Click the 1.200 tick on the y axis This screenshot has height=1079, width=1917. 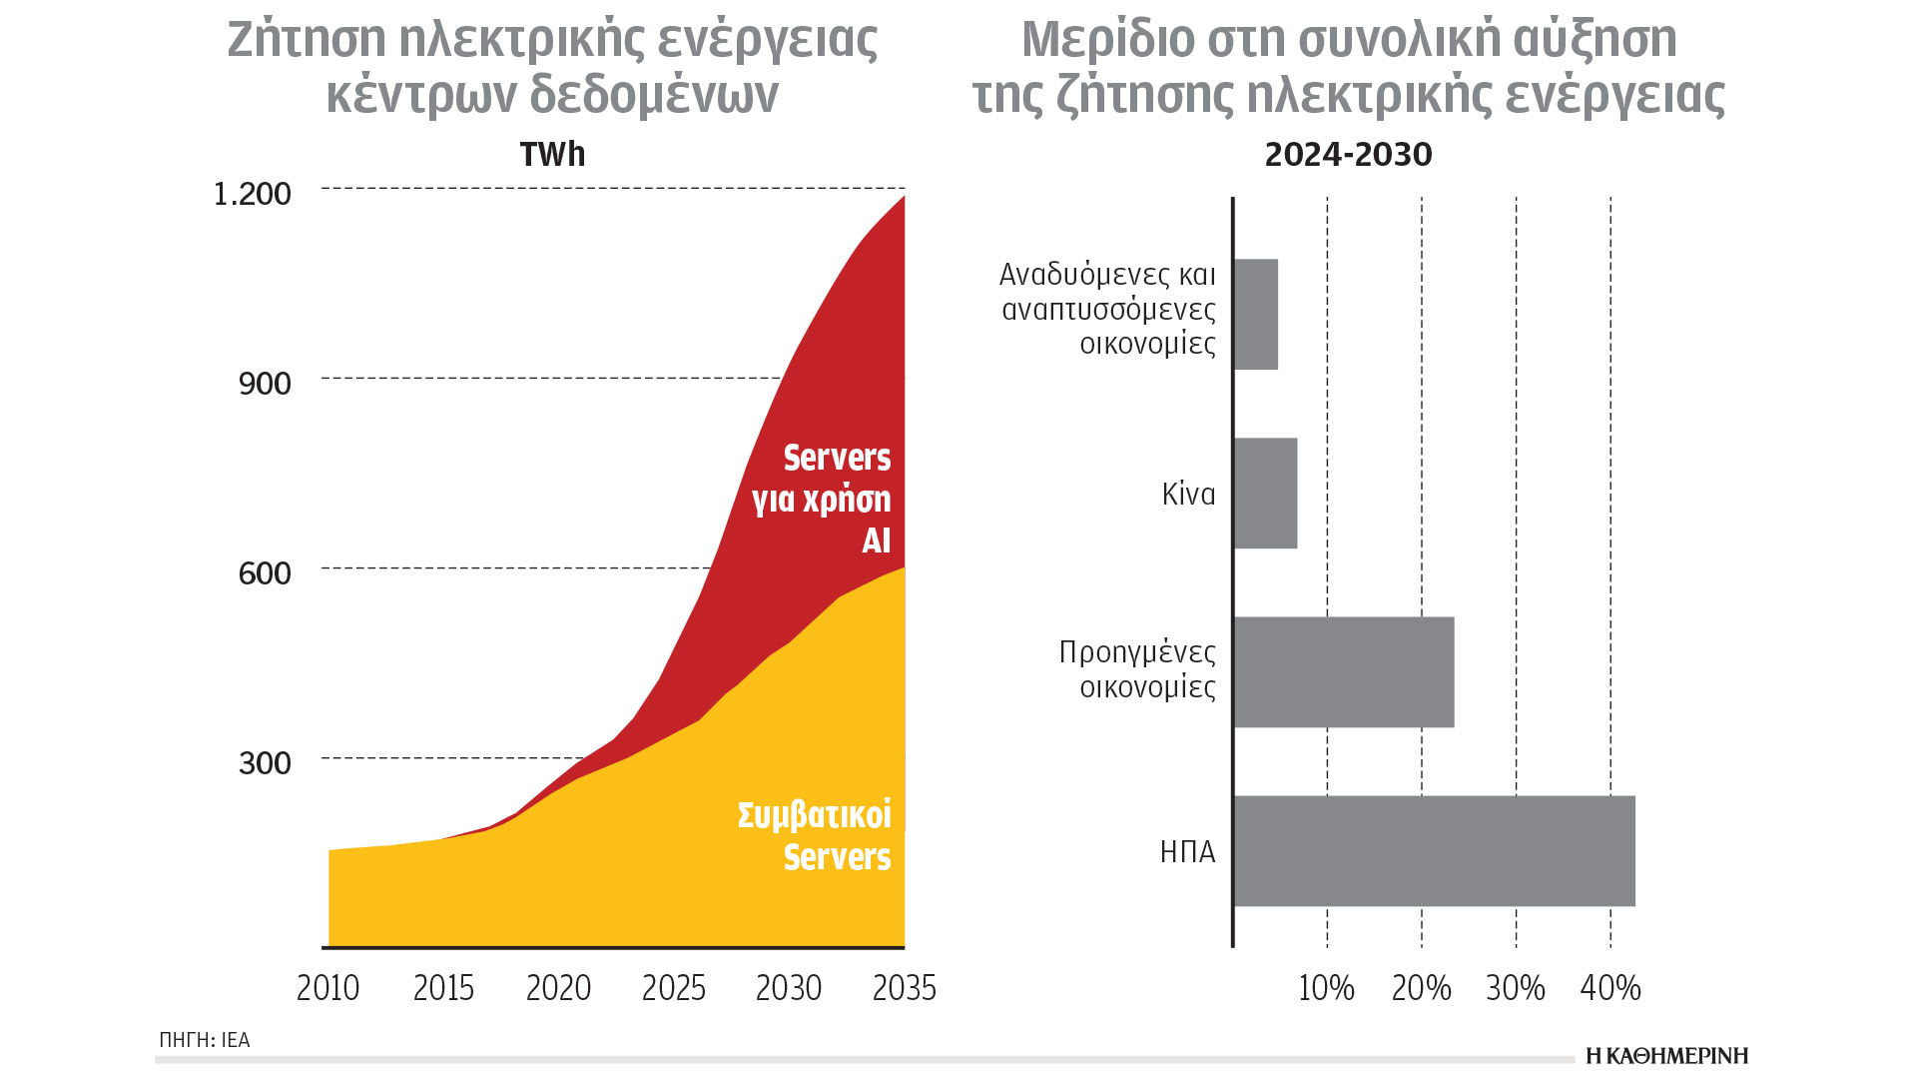pyautogui.click(x=253, y=193)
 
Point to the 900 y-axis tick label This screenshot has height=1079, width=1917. pyautogui.click(x=265, y=383)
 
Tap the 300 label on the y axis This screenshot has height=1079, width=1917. pyautogui.click(x=265, y=762)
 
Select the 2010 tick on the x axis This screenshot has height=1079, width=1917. pyautogui.click(x=327, y=988)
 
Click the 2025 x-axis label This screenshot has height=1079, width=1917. pyautogui.click(x=673, y=988)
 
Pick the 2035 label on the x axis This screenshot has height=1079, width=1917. pyautogui.click(x=904, y=988)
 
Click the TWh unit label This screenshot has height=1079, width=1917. pyautogui.click(x=552, y=155)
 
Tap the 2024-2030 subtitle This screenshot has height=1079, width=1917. pyautogui.click(x=1348, y=155)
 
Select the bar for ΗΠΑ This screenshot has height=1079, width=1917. pyautogui.click(x=1434, y=850)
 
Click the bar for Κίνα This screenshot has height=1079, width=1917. pyautogui.click(x=1265, y=493)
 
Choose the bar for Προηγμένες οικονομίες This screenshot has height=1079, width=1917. pyautogui.click(x=1343, y=671)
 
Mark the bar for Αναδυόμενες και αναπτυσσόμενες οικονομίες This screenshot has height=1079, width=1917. pyautogui.click(x=1255, y=314)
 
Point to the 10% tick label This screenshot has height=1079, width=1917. pyautogui.click(x=1326, y=988)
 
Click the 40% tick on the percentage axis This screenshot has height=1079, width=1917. pyautogui.click(x=1609, y=988)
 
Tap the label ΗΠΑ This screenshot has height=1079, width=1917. pyautogui.click(x=1187, y=851)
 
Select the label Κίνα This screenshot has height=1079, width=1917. pyautogui.click(x=1188, y=494)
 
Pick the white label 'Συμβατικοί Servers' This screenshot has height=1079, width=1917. pyautogui.click(x=815, y=835)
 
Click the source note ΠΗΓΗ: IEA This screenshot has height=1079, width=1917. pyautogui.click(x=204, y=1040)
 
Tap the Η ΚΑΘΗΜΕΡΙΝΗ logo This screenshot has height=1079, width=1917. pyautogui.click(x=1666, y=1056)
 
